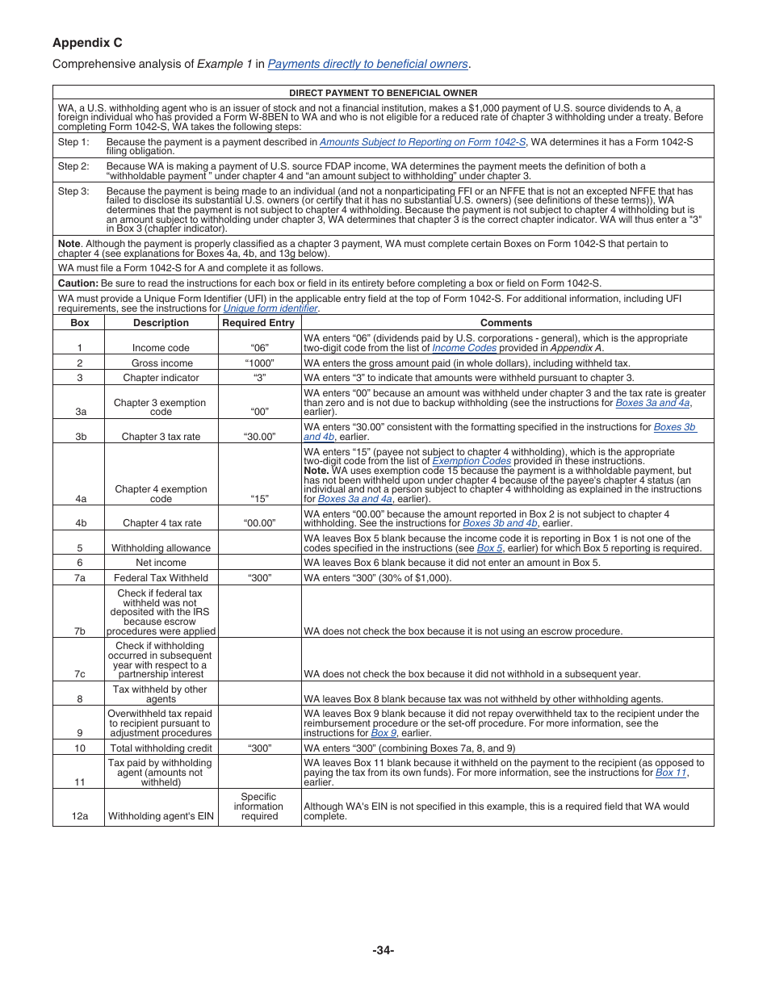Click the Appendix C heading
pos(87,43)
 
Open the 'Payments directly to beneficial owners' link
pos(367,65)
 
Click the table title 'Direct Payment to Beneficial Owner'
pos(383,93)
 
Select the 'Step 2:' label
pos(73,166)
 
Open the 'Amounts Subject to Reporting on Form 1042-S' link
pos(422,142)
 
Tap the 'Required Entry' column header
pos(258,323)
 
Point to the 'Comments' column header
pos(506,323)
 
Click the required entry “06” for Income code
pos(259,348)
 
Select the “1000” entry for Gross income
pos(259,363)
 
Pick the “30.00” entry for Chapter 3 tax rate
pos(259,437)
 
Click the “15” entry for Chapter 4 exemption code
pos(259,499)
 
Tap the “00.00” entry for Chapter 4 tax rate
pos(259,523)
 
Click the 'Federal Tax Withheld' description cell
pos(161,578)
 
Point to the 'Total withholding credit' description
pos(161,748)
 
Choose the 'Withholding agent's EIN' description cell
pos(161,816)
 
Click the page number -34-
pos(383,950)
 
